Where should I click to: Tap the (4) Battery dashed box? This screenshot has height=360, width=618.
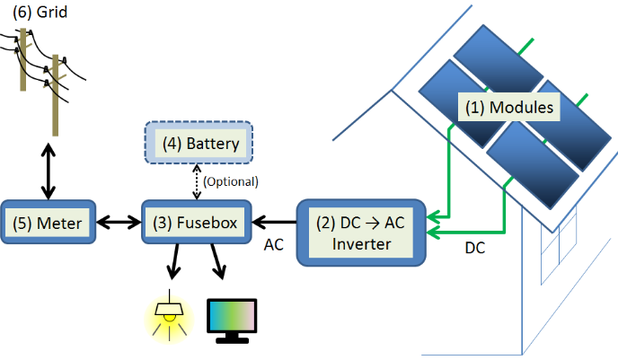coord(199,144)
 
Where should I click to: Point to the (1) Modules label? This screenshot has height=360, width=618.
coord(508,109)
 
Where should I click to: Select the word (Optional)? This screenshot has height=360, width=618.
coord(231,181)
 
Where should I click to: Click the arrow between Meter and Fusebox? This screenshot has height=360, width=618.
coord(119,222)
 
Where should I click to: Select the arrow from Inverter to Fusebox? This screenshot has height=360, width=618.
coord(273,222)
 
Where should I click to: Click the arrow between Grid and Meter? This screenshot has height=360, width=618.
coord(48,167)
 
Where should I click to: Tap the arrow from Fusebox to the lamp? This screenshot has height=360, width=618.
coord(173,264)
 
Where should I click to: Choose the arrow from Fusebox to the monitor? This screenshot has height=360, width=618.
coord(219,264)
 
